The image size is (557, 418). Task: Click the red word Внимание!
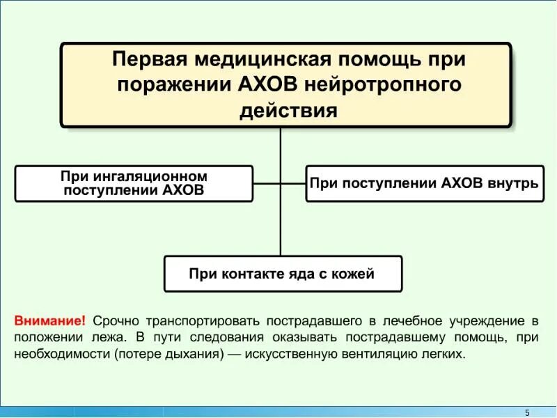[50, 321]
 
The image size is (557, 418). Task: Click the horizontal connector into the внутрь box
[293, 184]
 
